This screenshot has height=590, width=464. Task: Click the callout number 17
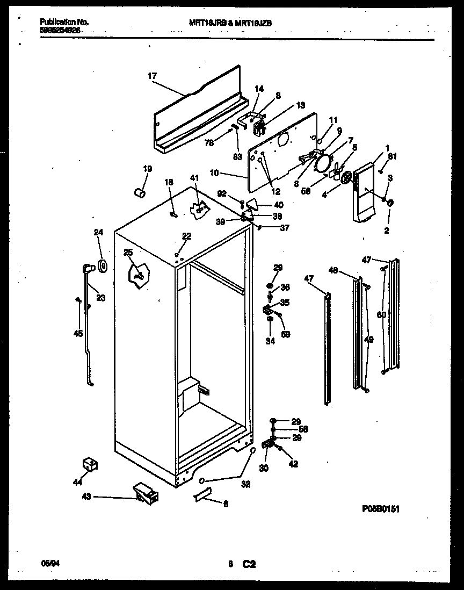(152, 76)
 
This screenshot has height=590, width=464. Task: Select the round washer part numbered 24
(102, 265)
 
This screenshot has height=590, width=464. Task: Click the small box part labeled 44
(89, 464)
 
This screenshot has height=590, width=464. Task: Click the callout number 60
(381, 315)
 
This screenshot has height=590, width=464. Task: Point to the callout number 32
(245, 484)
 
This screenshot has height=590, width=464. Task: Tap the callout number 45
(78, 334)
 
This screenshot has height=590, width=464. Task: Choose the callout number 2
(386, 231)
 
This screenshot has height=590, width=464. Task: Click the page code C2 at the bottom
(248, 564)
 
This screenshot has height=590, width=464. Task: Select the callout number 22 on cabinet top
(186, 236)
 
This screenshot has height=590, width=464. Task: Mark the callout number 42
(294, 464)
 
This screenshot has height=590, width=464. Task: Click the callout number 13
(300, 105)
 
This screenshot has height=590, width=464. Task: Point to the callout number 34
(270, 341)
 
